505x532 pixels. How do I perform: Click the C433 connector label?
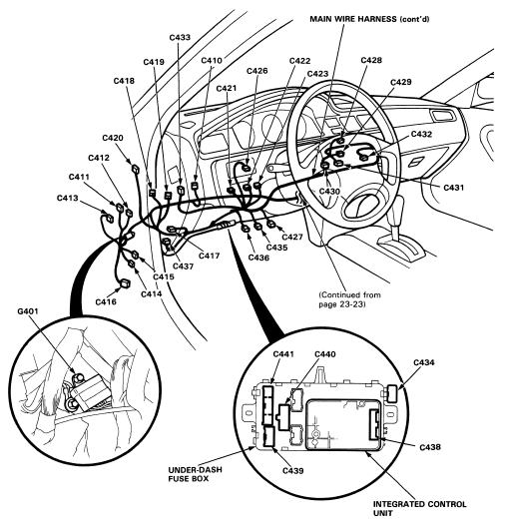180,37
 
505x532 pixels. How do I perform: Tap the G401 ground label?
28,311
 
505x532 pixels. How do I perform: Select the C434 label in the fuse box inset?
423,362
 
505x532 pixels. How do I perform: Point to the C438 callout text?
430,447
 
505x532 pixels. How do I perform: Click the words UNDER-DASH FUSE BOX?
195,474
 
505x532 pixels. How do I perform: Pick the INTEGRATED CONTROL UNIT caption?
419,508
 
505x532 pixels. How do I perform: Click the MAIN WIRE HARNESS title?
369,19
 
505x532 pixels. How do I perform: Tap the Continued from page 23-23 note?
349,299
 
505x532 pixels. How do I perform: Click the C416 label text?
106,301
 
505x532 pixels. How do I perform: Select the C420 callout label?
113,138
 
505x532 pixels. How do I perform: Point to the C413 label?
67,198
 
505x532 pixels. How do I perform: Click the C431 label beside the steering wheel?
453,188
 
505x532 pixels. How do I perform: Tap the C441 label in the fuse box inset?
283,354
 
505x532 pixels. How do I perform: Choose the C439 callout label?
293,471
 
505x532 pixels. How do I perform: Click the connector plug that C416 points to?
126,282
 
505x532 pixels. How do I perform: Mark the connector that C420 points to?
136,169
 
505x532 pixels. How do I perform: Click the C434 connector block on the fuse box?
392,393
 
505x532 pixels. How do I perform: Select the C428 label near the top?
371,61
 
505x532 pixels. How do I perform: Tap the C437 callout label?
183,266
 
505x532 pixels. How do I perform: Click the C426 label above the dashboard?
257,71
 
